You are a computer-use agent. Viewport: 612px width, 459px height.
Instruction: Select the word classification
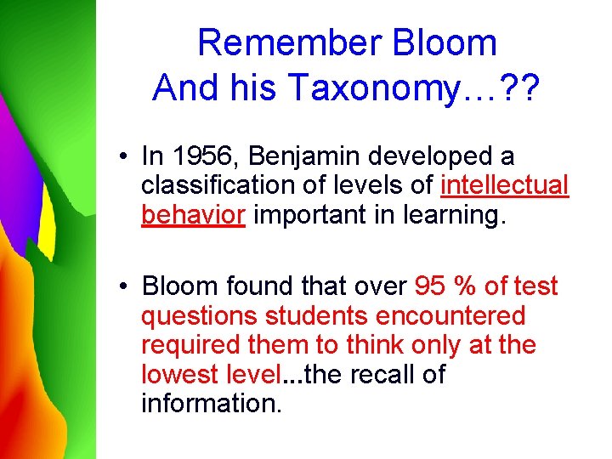[216, 186]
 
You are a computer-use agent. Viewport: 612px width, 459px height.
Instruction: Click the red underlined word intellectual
[505, 186]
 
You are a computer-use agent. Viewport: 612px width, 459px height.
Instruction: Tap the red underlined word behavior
[193, 215]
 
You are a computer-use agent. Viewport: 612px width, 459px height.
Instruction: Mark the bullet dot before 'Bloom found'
[124, 287]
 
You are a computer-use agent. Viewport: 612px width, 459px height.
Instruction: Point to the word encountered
[450, 315]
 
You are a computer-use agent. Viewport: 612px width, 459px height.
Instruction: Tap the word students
[317, 315]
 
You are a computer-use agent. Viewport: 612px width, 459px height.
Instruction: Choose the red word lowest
[177, 374]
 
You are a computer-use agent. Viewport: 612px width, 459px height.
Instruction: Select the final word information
[211, 403]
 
